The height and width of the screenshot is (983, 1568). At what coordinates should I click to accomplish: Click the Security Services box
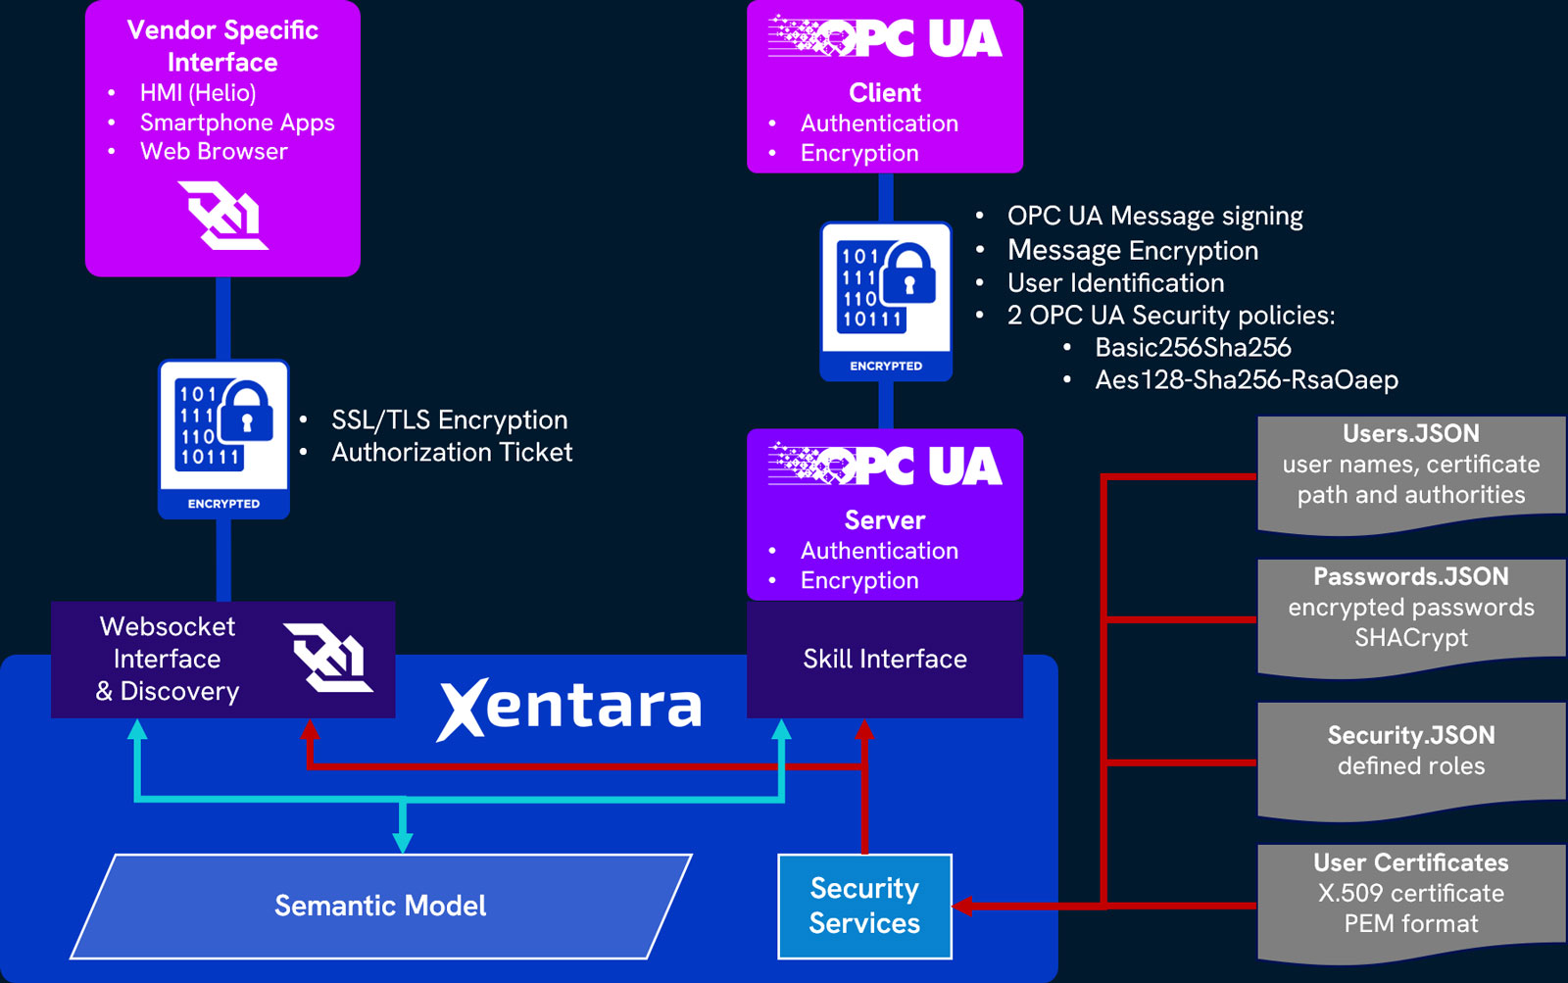[864, 906]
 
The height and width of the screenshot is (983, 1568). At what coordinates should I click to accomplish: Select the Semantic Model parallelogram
[380, 906]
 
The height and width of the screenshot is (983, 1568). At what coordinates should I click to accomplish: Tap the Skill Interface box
[884, 659]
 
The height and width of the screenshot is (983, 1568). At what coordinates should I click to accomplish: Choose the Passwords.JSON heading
[1410, 576]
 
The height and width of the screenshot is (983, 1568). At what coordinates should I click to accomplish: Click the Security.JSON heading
[1410, 735]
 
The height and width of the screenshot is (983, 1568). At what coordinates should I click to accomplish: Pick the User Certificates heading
[1410, 862]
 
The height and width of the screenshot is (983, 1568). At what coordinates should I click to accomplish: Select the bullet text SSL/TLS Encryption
[449, 419]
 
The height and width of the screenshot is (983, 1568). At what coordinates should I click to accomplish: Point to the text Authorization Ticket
[452, 452]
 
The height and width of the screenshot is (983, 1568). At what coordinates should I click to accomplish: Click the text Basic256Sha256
[1193, 347]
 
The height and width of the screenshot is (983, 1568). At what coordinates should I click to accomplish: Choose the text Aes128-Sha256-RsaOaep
[1247, 379]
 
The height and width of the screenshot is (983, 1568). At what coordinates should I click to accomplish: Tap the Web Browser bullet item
[214, 151]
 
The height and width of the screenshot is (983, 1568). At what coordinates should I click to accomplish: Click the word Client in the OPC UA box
[885, 93]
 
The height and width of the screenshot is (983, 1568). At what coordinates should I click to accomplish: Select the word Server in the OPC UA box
[885, 520]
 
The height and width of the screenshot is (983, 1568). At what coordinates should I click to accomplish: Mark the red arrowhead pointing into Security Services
[962, 906]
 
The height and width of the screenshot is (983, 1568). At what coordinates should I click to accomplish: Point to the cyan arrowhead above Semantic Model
[403, 843]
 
